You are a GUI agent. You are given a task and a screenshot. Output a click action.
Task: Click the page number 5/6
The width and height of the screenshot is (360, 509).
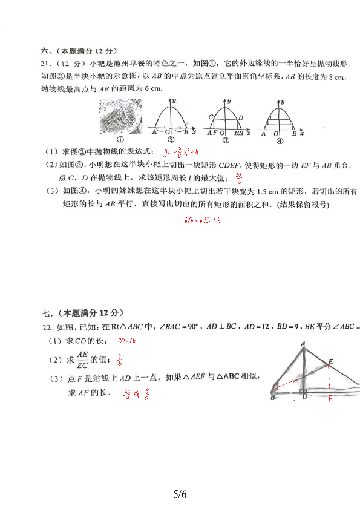(x=180, y=494)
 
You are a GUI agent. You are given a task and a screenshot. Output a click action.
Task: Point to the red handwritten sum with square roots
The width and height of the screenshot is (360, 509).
(x=203, y=222)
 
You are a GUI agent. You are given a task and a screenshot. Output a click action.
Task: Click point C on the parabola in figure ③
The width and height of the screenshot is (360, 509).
(x=211, y=117)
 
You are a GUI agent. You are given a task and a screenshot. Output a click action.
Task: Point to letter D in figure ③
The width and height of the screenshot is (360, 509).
(x=241, y=117)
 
